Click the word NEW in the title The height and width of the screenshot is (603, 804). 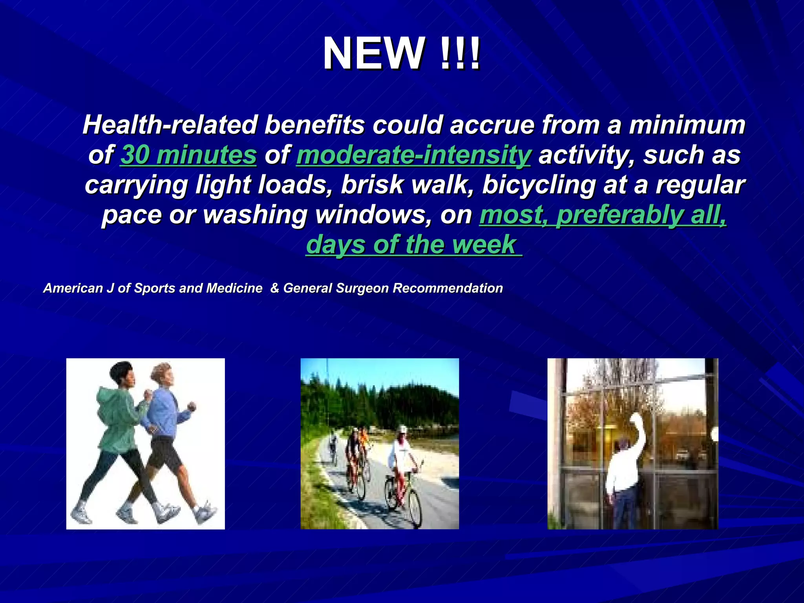373,54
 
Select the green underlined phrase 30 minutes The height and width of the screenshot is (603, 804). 188,155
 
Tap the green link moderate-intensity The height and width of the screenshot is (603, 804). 413,155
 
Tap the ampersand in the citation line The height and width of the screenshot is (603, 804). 274,288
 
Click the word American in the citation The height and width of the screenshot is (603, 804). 73,288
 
